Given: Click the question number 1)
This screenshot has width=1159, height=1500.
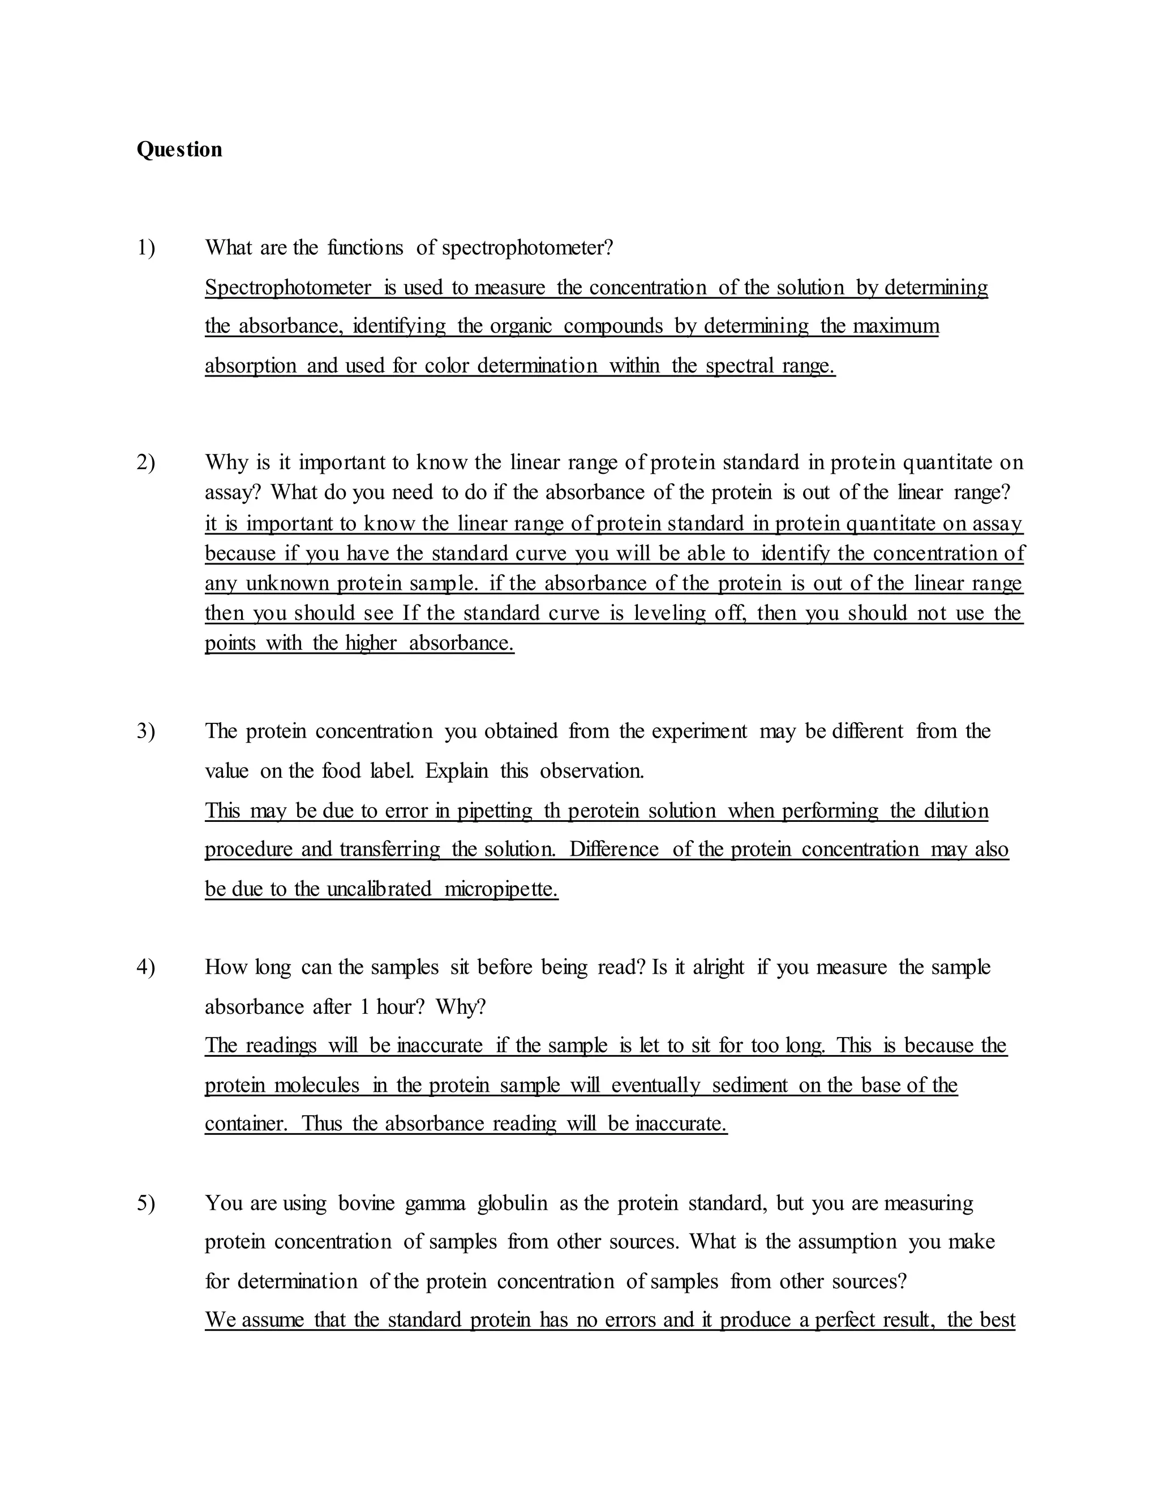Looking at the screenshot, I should tap(145, 247).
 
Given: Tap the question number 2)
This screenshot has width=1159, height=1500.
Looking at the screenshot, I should tap(145, 462).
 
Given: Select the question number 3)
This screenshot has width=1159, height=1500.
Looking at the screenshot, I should tap(145, 731).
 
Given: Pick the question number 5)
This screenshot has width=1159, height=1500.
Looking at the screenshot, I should tap(145, 1203).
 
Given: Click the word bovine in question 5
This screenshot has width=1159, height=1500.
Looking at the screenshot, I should tap(367, 1203).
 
